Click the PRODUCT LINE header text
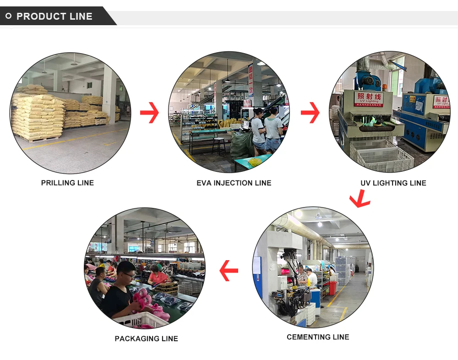click(x=55, y=16)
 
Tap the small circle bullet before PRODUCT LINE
click(x=8, y=16)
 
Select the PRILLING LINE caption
click(x=67, y=183)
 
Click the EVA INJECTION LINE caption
click(x=234, y=183)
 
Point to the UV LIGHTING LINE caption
click(x=393, y=183)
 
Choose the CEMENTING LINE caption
click(x=318, y=337)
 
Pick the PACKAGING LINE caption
click(x=146, y=338)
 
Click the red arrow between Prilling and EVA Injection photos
click(x=149, y=113)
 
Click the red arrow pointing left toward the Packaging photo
click(x=229, y=270)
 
